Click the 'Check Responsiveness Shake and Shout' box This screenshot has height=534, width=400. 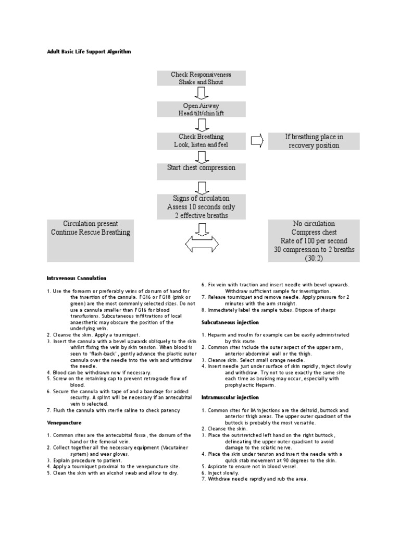(x=201, y=78)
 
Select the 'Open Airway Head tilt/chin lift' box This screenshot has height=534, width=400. (x=201, y=110)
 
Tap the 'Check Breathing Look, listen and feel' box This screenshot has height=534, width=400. (x=201, y=140)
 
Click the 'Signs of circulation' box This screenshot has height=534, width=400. (x=201, y=207)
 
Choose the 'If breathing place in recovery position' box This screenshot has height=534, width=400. (x=314, y=141)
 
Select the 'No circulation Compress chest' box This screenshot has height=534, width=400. (x=314, y=240)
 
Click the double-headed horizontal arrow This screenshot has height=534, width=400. (x=201, y=244)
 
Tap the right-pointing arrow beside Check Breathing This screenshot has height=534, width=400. (x=257, y=141)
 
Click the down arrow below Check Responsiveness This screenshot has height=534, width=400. (x=201, y=93)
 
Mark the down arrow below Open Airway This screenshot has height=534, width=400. (x=201, y=125)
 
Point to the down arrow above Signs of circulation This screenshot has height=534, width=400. (x=201, y=186)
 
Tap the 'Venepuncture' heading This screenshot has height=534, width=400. (x=64, y=422)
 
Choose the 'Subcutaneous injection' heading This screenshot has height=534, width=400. (x=230, y=322)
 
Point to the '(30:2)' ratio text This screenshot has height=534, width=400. (x=314, y=258)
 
